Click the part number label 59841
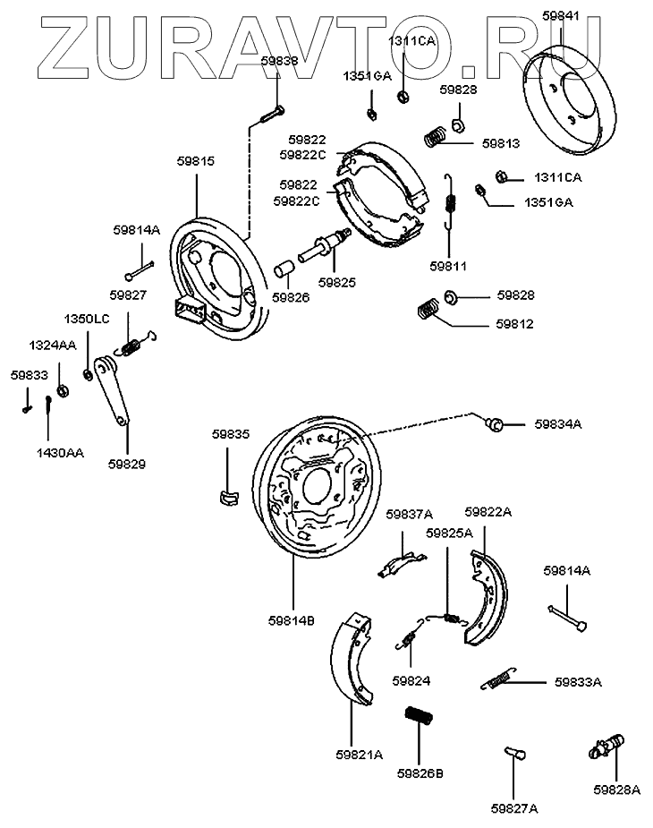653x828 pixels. pos(561,15)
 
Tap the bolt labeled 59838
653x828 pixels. pos(272,114)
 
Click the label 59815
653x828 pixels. pos(196,161)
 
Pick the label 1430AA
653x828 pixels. pos(61,453)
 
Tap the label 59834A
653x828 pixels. pos(558,423)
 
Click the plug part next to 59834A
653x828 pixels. pos(493,423)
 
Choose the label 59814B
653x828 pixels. pos(291,619)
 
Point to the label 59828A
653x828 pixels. pos(617,790)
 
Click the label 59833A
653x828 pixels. pos(578,681)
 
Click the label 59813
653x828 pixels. pos(501,142)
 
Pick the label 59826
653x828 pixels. pos(292,297)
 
